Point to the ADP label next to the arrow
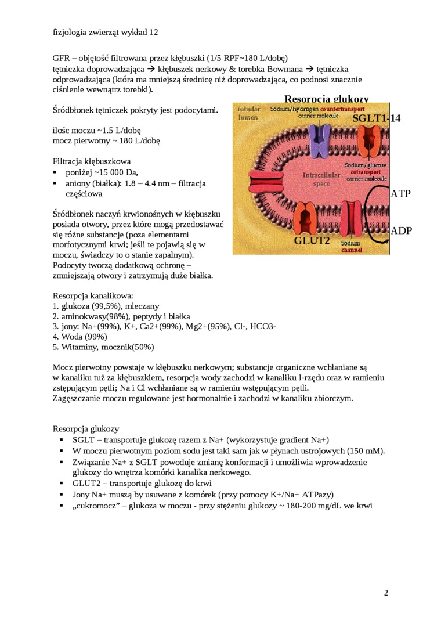401,230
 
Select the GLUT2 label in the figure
312,240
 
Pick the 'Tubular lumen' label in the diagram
248,113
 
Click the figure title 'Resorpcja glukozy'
326,99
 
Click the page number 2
386,593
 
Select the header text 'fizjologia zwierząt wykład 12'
105,33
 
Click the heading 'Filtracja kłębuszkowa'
92,161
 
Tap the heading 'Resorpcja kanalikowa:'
93,295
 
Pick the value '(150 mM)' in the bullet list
366,450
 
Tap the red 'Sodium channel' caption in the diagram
351,247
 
